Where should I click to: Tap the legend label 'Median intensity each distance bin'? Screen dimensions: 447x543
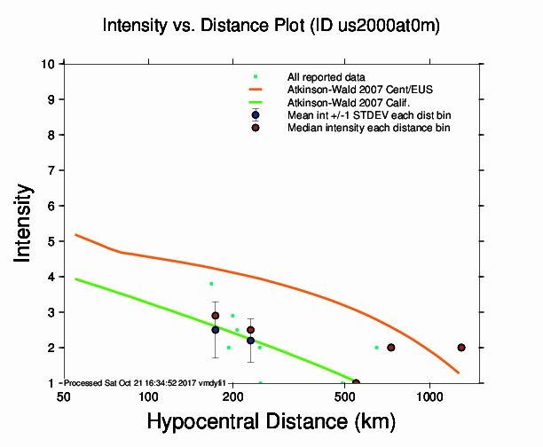tap(368, 128)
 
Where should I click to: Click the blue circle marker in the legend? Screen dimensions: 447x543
tap(256, 115)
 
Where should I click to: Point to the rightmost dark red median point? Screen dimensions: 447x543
tap(461, 348)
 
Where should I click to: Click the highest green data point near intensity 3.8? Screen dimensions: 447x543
tap(211, 284)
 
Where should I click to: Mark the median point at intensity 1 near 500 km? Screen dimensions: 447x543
tap(356, 382)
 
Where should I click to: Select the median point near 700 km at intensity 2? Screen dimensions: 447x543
tap(391, 348)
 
